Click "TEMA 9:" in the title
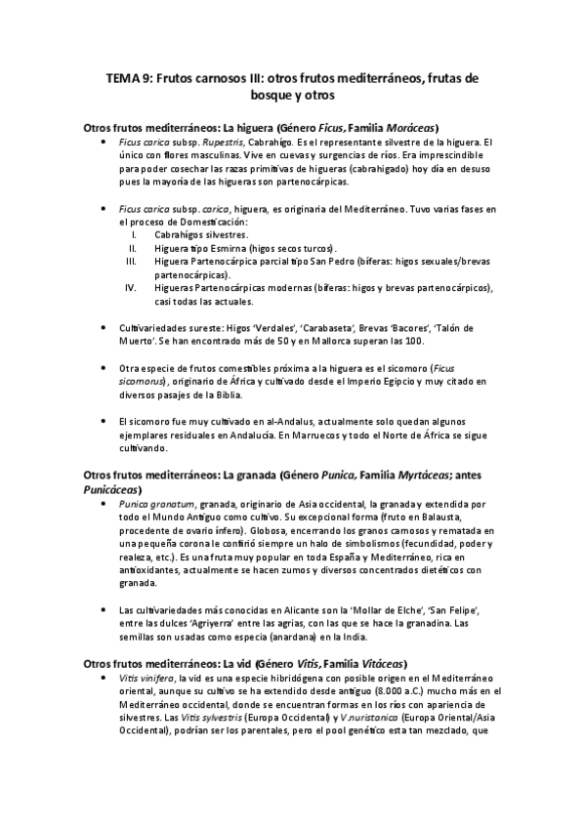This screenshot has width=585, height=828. click(x=129, y=78)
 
